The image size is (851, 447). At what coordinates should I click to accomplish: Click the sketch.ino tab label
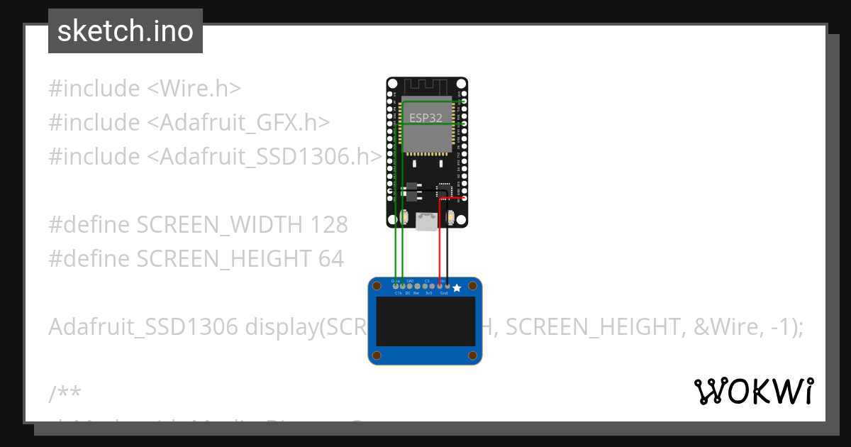click(126, 31)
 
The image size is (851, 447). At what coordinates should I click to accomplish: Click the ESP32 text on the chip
click(426, 118)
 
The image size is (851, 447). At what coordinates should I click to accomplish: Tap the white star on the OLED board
click(457, 287)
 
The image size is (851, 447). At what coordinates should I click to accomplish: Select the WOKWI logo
click(754, 391)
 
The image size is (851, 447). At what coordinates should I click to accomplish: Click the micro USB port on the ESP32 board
click(426, 223)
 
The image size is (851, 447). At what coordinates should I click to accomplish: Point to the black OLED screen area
click(425, 321)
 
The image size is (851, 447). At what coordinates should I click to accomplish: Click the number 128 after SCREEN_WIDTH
click(329, 225)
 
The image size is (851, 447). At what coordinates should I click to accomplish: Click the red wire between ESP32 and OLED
click(440, 241)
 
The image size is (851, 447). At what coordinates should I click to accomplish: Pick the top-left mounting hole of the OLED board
click(377, 286)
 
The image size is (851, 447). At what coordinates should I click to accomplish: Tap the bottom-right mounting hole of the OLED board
click(474, 355)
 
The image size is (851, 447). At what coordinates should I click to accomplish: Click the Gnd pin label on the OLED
click(444, 292)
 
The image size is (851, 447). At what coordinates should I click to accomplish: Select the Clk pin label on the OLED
click(398, 292)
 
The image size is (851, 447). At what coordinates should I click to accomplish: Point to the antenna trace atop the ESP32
click(426, 87)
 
